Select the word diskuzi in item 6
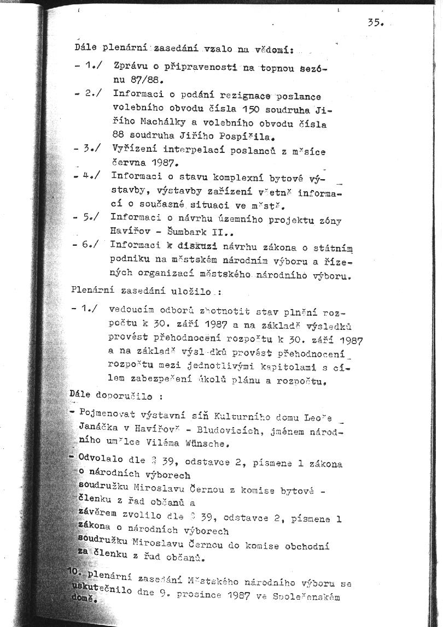[x=189, y=247]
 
